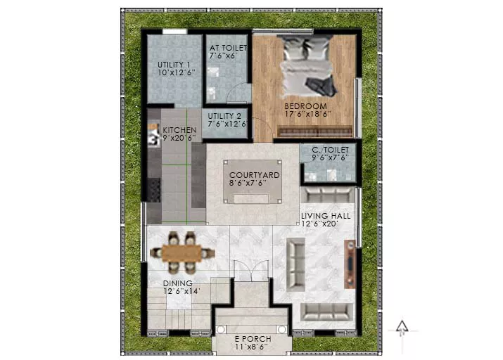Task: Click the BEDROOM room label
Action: click(305, 106)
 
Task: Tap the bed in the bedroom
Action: click(307, 66)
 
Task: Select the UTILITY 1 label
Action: click(174, 65)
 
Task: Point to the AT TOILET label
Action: click(228, 48)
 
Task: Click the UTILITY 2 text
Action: click(224, 116)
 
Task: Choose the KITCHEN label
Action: click(179, 130)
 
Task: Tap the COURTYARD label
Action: click(255, 175)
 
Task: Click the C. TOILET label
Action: click(330, 150)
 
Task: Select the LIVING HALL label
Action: click(326, 216)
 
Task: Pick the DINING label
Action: click(178, 283)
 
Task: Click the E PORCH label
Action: click(253, 339)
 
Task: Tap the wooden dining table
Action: click(182, 253)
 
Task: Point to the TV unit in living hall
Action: click(350, 264)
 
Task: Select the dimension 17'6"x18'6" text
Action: click(307, 114)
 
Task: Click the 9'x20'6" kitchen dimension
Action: click(179, 139)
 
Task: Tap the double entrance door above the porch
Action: click(251, 271)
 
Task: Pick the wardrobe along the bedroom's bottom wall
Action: click(315, 131)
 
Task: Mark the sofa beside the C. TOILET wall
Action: click(327, 195)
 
